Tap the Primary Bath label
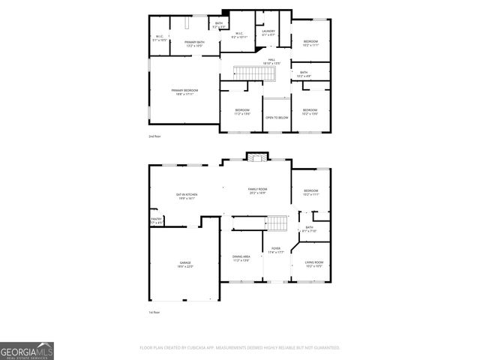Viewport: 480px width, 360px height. [x=195, y=43]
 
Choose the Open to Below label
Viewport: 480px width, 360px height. [x=276, y=118]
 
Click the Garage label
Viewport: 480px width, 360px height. [x=184, y=264]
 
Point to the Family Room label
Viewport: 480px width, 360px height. [x=258, y=191]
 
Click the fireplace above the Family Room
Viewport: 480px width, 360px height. [x=257, y=157]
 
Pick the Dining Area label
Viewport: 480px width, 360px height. [x=241, y=258]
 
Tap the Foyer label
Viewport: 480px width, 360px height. [x=275, y=250]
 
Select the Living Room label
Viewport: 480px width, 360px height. [x=313, y=263]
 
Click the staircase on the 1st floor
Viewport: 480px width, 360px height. [x=278, y=223]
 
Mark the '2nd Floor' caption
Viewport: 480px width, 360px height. [x=154, y=136]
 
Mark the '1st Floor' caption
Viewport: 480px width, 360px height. [x=154, y=312]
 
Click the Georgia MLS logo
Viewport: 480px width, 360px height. [x=27, y=350]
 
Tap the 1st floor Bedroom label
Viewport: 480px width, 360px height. [x=310, y=193]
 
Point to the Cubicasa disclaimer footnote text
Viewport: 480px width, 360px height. [x=240, y=348]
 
